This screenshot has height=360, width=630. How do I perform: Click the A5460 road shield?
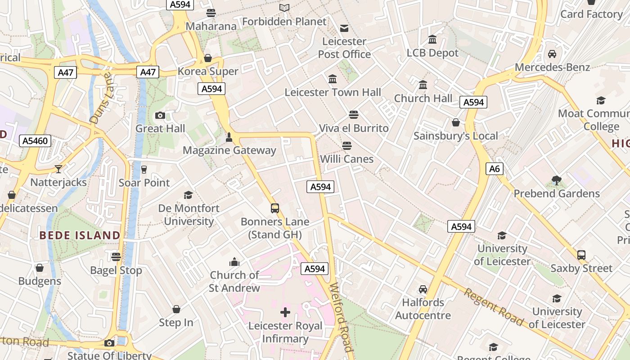coord(35,141)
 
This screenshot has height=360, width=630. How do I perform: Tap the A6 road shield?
coord(494,169)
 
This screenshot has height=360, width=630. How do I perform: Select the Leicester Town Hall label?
coord(333,92)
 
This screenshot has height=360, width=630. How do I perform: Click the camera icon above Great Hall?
coord(160,116)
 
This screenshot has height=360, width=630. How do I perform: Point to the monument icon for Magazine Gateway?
coord(229,137)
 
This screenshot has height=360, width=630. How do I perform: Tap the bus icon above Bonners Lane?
coord(274,208)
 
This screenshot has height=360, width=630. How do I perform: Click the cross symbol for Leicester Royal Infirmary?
coord(285,312)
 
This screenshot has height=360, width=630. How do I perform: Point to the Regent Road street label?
coord(494,307)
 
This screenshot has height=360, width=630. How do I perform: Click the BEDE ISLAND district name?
coord(80,235)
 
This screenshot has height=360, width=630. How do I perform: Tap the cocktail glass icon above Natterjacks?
coord(58,169)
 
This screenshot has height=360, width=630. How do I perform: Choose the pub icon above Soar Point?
coord(144,170)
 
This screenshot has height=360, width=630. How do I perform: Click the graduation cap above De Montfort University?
coord(188,195)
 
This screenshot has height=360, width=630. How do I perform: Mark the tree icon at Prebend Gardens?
coord(556,180)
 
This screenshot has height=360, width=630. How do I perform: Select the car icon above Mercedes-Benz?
coord(552,54)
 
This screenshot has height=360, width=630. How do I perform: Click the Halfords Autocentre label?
coord(423,309)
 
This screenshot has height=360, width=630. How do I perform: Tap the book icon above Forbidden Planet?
coord(284,8)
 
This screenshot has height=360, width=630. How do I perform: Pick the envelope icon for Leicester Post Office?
coord(344,28)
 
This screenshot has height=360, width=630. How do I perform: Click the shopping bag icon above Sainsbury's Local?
coord(455,122)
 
